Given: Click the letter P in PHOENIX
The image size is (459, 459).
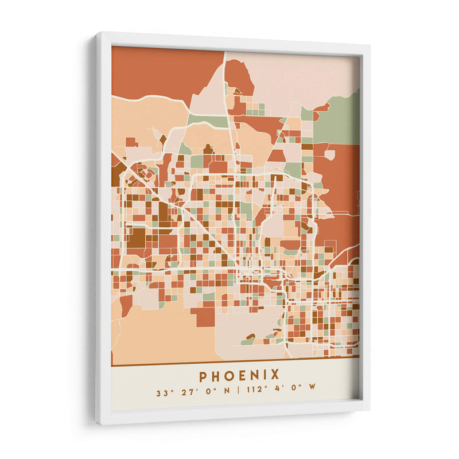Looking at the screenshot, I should click(x=204, y=375).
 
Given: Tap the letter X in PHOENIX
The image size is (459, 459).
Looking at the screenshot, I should click(x=275, y=375).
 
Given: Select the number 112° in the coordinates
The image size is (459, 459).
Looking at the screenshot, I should click(x=254, y=394).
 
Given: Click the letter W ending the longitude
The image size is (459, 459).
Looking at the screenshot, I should click(x=312, y=394).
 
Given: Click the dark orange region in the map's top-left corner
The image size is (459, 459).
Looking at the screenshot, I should click(x=155, y=72).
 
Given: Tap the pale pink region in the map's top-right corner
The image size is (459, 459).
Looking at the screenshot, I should click(x=298, y=75).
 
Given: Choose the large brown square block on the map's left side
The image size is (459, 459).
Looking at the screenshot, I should click(x=136, y=238).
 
